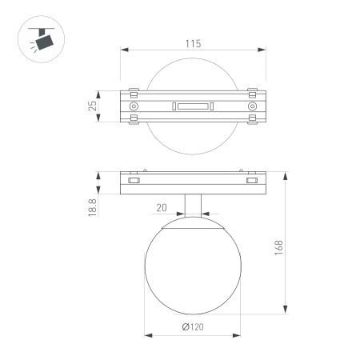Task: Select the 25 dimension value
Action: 93,105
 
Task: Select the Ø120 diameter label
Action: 192,327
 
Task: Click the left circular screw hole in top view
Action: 134,106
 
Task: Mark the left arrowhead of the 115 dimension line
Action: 123,51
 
